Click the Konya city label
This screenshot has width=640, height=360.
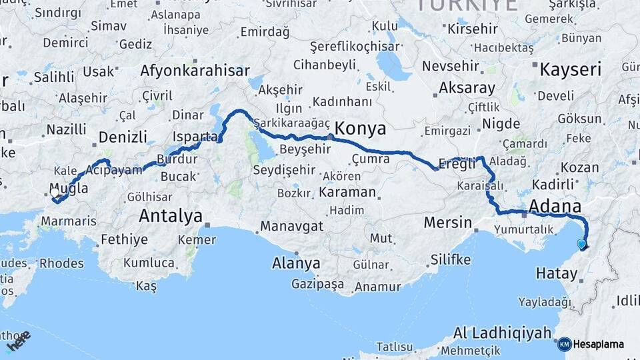361,127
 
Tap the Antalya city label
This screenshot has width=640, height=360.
171,216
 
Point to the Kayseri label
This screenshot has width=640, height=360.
570,69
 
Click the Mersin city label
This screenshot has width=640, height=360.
449,223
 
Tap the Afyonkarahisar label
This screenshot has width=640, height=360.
195,71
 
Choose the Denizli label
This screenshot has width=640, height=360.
123,137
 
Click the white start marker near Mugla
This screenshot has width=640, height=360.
55,193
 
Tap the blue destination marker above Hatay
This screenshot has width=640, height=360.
582,244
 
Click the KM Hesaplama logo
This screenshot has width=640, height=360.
591,344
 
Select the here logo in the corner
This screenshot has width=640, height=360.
19,341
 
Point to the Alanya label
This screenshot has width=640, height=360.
296,263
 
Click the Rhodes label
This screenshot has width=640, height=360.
61,263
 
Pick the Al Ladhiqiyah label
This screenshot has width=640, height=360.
503,332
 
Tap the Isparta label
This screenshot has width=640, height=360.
194,137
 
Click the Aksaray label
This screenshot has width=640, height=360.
467,88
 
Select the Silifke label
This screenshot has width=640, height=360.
451,259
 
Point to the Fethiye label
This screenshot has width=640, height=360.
125,239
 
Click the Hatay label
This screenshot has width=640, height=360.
559,273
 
